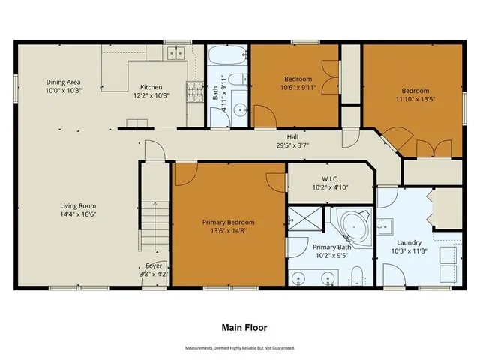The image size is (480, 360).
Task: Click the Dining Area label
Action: [63, 82]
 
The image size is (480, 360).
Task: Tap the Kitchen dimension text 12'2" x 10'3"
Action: [147, 96]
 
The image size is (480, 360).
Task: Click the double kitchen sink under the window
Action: [178, 52]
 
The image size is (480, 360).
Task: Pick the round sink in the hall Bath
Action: [241, 111]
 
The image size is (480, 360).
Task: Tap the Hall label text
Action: [292, 137]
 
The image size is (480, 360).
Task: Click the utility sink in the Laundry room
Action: [385, 225]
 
